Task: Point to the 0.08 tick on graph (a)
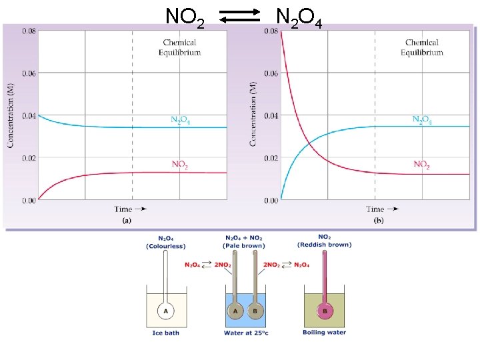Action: pyautogui.click(x=29, y=31)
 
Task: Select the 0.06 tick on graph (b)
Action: pyautogui.click(x=270, y=73)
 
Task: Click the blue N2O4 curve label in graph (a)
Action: pyautogui.click(x=180, y=120)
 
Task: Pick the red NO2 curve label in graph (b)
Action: pyautogui.click(x=421, y=164)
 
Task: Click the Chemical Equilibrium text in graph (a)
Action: pyautogui.click(x=179, y=47)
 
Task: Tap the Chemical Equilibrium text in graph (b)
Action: pyautogui.click(x=421, y=47)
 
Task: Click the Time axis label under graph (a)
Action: pyautogui.click(x=123, y=209)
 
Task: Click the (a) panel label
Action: pyautogui.click(x=127, y=219)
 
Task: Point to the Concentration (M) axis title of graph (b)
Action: pyautogui.click(x=253, y=115)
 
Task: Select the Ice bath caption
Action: pyautogui.click(x=165, y=333)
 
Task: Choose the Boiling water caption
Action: pyautogui.click(x=324, y=333)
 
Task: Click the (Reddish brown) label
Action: pyautogui.click(x=324, y=245)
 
